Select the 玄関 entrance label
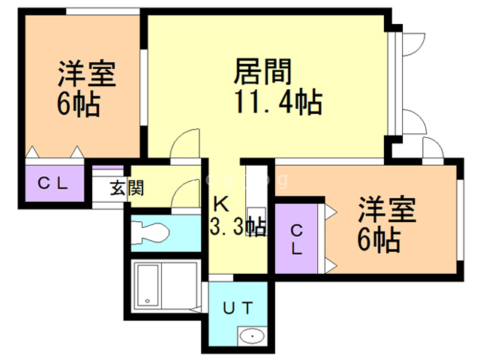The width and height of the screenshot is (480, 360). point(127,187)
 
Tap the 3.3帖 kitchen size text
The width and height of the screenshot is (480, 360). point(238,226)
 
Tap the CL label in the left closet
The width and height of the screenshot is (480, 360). point(51,183)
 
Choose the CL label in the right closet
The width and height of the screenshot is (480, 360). point(297,240)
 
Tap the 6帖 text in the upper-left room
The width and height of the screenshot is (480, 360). point(78,104)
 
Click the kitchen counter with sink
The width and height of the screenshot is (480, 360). point(256,194)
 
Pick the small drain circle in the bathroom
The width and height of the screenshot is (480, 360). point(148,302)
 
